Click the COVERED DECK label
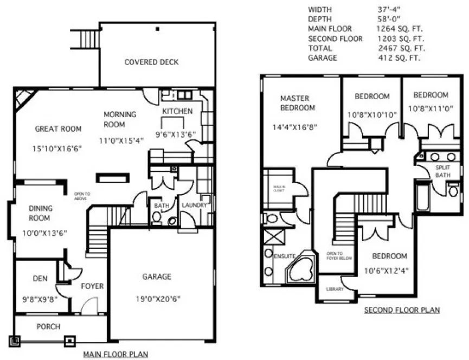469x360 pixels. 151,62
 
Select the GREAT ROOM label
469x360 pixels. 58,129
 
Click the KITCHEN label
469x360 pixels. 177,112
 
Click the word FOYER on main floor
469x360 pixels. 92,286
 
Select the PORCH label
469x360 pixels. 48,327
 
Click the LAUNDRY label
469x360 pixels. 192,205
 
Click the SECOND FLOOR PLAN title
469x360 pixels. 401,311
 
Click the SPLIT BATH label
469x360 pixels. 443,171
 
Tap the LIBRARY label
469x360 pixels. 335,290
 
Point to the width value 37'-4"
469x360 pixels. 389,10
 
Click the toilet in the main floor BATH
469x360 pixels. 156,216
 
